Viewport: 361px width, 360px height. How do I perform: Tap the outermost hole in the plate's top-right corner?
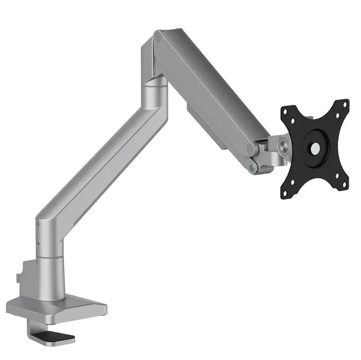coord(345,103)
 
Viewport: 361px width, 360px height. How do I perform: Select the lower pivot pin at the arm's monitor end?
coord(253,168)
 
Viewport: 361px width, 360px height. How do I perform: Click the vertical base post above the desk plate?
coord(51,277)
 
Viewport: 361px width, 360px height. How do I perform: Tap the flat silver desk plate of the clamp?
coord(58,308)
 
